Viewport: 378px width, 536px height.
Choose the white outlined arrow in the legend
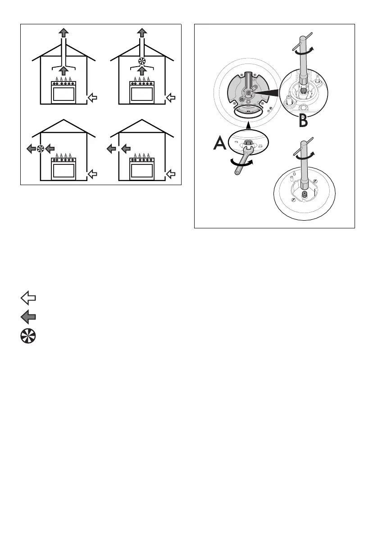pos(28,297)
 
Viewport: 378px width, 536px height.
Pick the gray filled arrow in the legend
pos(28,317)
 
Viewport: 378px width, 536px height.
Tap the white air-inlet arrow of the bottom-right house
pos(171,173)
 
